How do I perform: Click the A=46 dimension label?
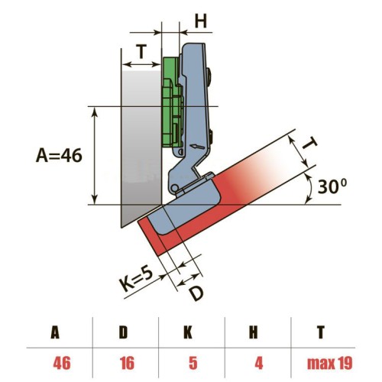[59, 154]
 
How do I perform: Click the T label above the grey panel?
[141, 53]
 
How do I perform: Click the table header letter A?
[55, 332]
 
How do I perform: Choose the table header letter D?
[125, 332]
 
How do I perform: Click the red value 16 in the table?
[125, 362]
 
